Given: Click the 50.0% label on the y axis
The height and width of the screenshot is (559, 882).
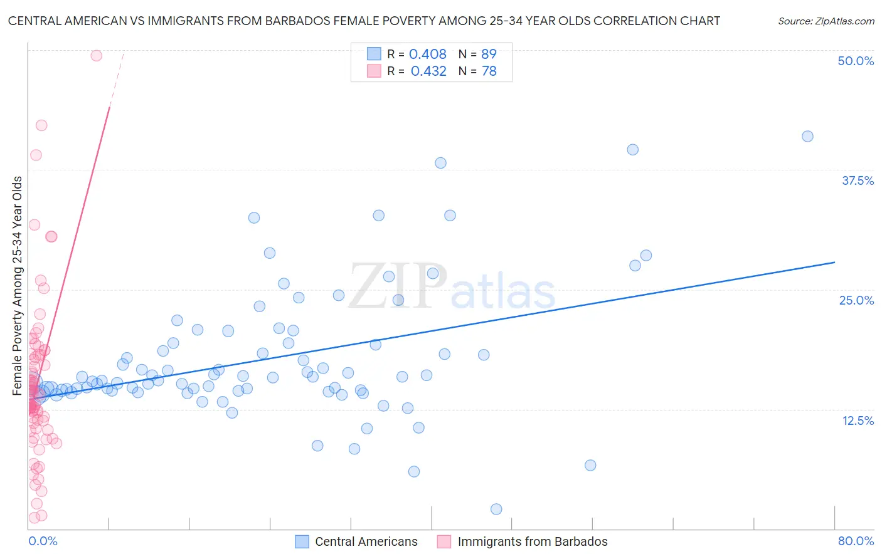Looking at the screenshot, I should (856, 61).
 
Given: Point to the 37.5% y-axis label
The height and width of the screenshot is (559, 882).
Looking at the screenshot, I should (858, 180).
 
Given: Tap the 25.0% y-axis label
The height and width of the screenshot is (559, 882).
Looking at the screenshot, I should (856, 300).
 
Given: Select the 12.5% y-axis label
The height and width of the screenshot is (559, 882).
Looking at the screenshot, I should (858, 421).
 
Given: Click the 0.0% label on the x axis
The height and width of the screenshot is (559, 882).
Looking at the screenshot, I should (43, 541).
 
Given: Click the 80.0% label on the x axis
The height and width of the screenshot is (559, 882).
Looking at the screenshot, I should (856, 541).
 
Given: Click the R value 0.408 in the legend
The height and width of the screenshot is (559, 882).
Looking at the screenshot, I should (428, 55).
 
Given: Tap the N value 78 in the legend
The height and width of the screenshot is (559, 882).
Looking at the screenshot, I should (489, 71).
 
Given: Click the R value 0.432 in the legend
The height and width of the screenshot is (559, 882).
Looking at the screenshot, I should (428, 71).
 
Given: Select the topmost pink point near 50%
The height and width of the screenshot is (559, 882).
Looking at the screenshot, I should (96, 56).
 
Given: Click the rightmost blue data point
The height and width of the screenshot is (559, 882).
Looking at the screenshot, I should (807, 137).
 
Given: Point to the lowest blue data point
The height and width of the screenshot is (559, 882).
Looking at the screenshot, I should (496, 509).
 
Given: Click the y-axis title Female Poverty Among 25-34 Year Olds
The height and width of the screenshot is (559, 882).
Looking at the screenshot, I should (18, 285).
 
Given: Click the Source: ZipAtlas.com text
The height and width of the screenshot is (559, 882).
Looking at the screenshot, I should (826, 21).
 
